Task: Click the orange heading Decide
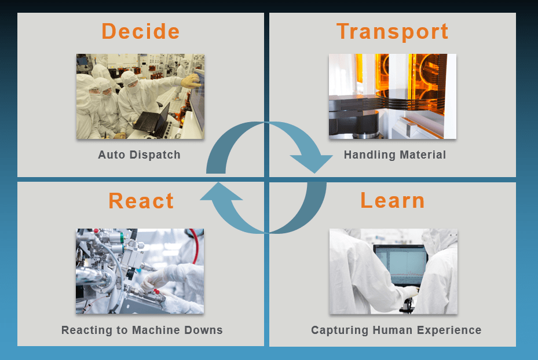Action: point(141,31)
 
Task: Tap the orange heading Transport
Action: point(392,32)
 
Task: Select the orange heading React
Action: point(141,201)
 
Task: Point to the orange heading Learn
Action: point(393,201)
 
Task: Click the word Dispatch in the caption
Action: point(155,155)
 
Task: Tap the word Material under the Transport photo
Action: point(423,155)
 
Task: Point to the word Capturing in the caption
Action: point(340,330)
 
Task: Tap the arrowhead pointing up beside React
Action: point(221,192)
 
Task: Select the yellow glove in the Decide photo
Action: point(191,81)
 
